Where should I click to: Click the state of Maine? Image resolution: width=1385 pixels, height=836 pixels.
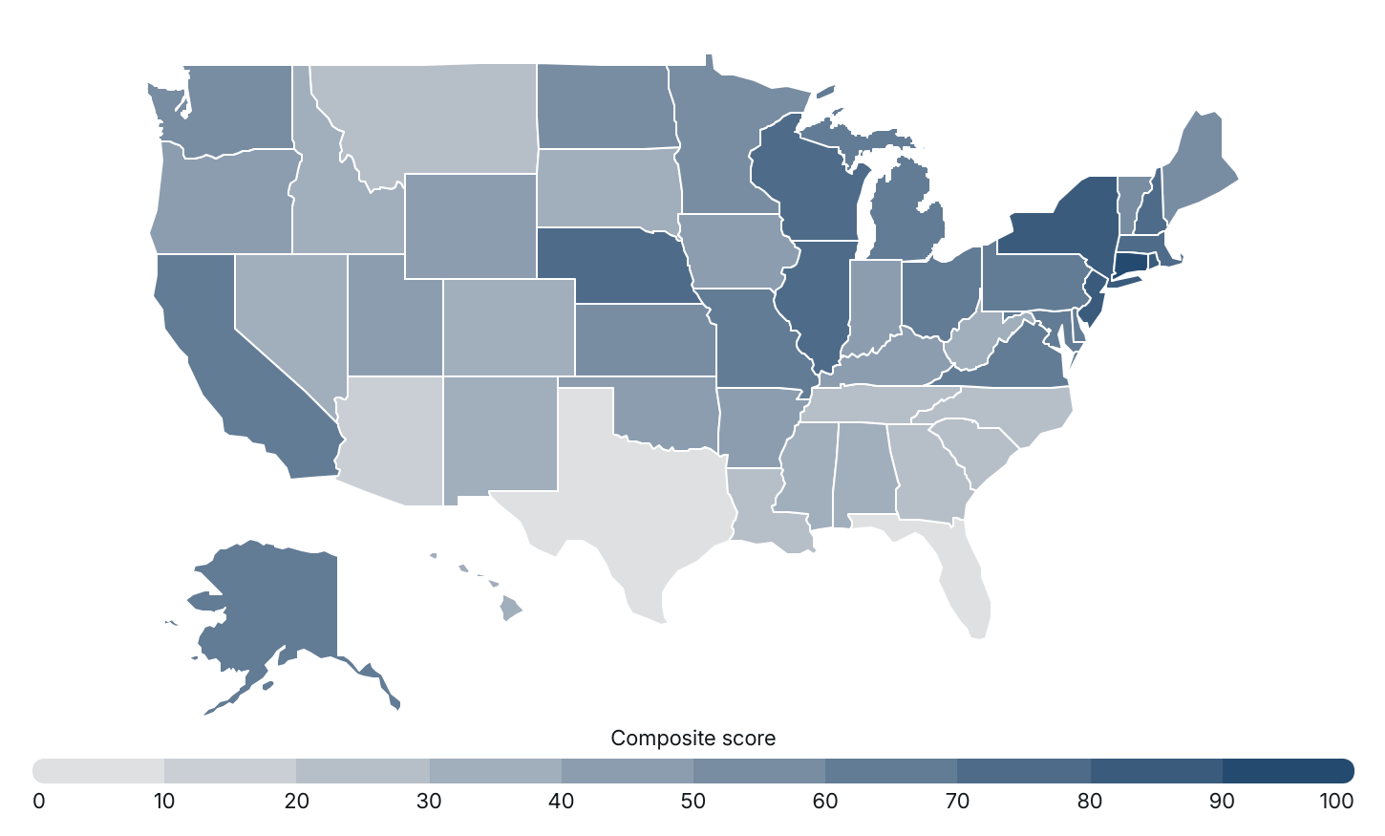(x=1199, y=162)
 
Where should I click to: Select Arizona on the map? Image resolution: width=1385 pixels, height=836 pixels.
(x=392, y=439)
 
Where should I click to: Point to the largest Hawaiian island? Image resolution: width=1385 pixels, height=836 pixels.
(x=511, y=608)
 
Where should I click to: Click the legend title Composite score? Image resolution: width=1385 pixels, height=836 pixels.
(x=692, y=739)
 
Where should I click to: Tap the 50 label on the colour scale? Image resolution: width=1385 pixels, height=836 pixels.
(x=692, y=801)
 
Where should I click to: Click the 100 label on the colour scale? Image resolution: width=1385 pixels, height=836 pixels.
(x=1336, y=801)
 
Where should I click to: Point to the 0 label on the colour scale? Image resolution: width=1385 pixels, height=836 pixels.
(x=39, y=801)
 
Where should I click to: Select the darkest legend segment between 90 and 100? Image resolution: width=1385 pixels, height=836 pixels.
(x=1288, y=770)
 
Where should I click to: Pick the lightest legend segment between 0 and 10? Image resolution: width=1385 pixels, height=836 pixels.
(x=98, y=770)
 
